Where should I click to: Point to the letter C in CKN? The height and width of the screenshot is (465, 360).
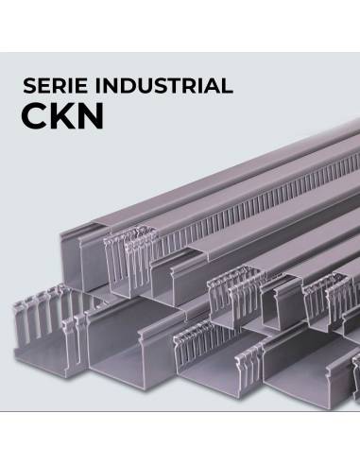pos(36,120)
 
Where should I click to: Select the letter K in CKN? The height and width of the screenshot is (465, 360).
pos(68,120)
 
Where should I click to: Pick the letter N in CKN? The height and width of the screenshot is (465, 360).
pos(102,120)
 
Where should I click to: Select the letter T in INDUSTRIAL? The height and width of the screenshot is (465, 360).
pos(172,86)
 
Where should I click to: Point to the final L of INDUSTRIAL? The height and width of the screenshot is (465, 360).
pos(227,86)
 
